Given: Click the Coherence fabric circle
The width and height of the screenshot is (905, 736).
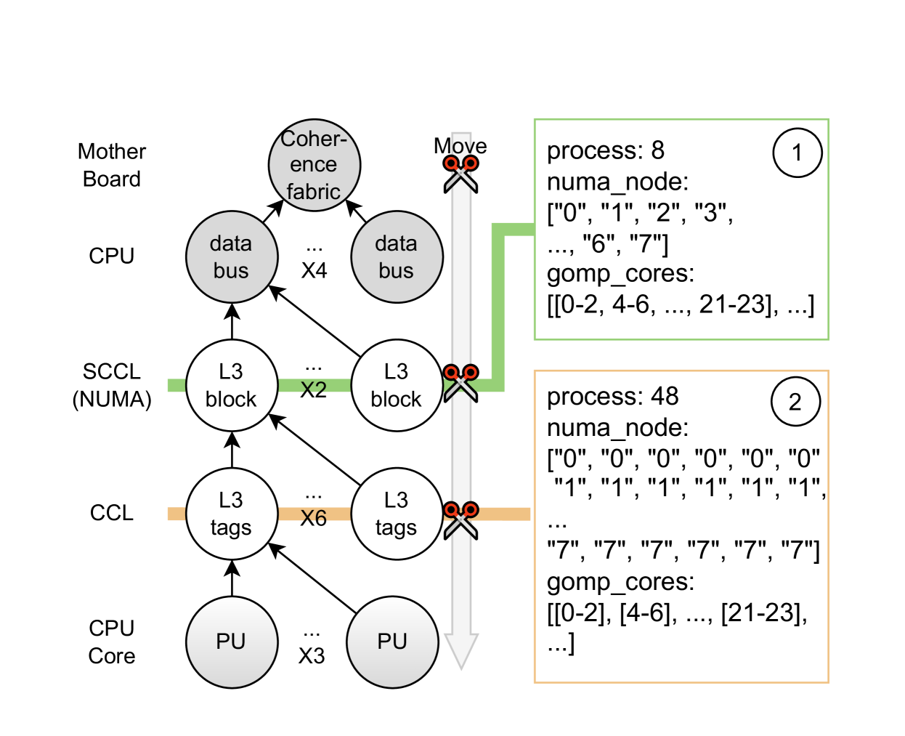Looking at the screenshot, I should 314,165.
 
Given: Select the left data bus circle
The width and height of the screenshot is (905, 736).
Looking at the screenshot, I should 232,256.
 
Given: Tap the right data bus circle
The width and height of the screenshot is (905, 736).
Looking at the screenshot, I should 397,256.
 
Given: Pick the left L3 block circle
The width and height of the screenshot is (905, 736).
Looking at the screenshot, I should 232,385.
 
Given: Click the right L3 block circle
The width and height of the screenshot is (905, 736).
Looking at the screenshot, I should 397,385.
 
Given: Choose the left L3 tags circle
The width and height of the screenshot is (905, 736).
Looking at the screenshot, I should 232,514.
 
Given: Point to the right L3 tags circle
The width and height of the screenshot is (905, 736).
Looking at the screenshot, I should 397,514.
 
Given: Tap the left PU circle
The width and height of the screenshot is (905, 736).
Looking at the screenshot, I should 232,642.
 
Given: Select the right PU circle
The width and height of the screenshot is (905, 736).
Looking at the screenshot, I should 392,642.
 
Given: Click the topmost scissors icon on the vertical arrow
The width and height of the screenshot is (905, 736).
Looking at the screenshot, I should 460,173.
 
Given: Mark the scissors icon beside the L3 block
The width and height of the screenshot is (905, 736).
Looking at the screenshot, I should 460,382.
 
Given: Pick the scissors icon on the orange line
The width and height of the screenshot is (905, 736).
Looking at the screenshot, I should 460,519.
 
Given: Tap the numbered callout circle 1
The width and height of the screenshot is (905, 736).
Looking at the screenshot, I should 797,153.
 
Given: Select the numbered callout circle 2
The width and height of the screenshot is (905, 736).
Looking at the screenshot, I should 795,401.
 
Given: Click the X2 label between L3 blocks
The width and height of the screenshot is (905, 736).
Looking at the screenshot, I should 314,387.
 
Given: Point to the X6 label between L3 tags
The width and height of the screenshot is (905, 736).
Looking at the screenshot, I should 314,516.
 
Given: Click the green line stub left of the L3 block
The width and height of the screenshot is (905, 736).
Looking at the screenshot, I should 176,385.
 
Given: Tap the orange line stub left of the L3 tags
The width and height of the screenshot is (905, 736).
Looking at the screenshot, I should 176,514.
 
